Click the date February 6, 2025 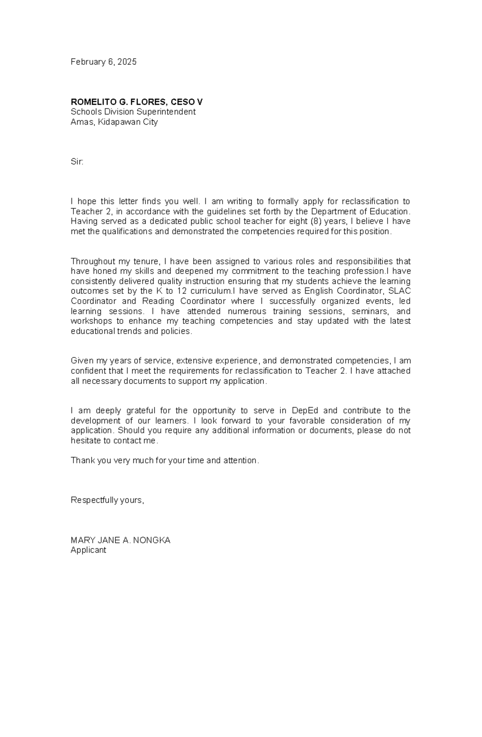click(x=104, y=62)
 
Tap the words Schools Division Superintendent click(x=133, y=112)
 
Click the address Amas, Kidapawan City click(x=114, y=122)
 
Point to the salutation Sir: click(x=77, y=162)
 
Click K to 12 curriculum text click(x=193, y=291)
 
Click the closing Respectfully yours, click(x=107, y=500)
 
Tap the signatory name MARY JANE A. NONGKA click(x=120, y=540)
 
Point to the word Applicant click(x=88, y=550)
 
